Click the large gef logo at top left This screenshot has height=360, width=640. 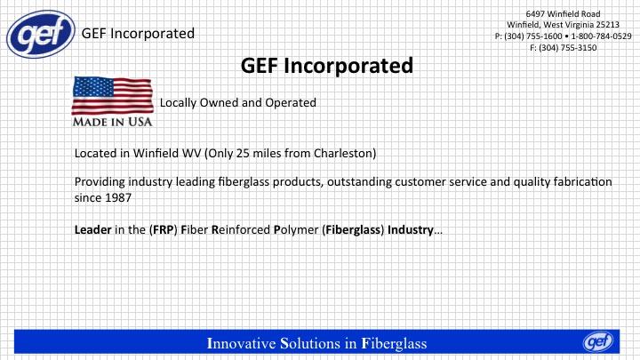(x=41, y=35)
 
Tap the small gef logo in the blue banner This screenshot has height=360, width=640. (x=598, y=341)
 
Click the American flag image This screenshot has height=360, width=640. (x=113, y=95)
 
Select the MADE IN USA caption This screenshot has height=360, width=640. (x=112, y=122)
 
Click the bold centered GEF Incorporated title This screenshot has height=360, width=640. (x=327, y=65)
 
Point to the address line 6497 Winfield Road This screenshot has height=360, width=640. (x=563, y=14)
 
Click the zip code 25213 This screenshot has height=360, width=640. (x=607, y=25)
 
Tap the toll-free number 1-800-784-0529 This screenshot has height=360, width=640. (x=601, y=36)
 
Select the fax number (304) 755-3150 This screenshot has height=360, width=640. (x=568, y=48)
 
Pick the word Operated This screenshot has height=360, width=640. (x=291, y=102)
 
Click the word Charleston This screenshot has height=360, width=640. (x=343, y=154)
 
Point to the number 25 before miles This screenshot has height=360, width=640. (x=243, y=154)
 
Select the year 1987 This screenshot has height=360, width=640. (x=118, y=198)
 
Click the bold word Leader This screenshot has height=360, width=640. (x=93, y=230)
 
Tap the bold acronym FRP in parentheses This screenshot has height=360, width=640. (x=164, y=230)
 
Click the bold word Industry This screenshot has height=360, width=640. (x=410, y=230)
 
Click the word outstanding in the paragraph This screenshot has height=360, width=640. (x=359, y=182)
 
